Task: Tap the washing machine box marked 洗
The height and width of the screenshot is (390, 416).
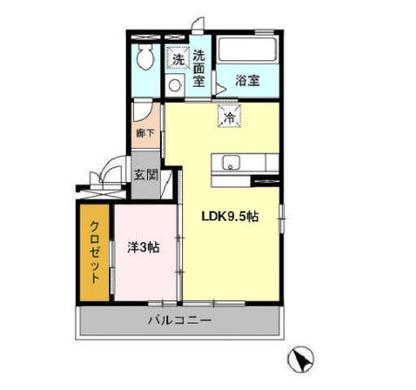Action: pos(177,58)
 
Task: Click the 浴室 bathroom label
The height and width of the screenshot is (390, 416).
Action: pos(245,80)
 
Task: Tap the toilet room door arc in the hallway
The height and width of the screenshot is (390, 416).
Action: pos(142,116)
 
